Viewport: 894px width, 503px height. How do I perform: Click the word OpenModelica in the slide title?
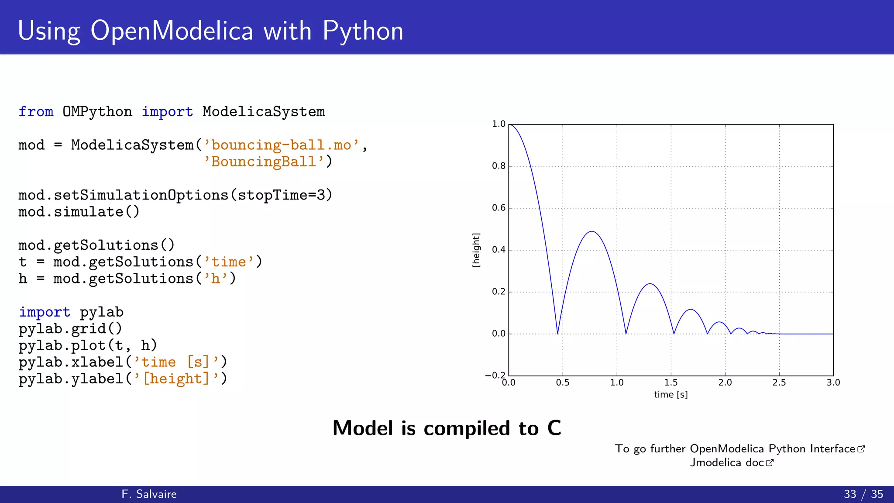pyautogui.click(x=172, y=31)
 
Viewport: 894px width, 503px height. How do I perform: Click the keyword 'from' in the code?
pyautogui.click(x=36, y=112)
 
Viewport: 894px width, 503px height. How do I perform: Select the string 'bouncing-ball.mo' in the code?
pyautogui.click(x=281, y=145)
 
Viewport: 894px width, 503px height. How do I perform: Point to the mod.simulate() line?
pyautogui.click(x=79, y=212)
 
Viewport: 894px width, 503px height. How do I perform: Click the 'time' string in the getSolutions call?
pyautogui.click(x=229, y=262)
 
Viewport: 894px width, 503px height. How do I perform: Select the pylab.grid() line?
pyautogui.click(x=70, y=329)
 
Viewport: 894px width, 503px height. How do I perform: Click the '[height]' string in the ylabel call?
pyautogui.click(x=176, y=379)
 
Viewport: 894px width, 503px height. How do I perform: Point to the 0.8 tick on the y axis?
pyautogui.click(x=499, y=166)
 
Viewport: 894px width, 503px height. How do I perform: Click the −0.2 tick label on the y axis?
pyautogui.click(x=495, y=376)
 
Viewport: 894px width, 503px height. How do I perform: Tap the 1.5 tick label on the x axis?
pyautogui.click(x=671, y=383)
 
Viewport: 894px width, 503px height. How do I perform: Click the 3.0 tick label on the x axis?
pyautogui.click(x=833, y=383)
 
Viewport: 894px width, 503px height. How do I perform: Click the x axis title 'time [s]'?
pyautogui.click(x=670, y=395)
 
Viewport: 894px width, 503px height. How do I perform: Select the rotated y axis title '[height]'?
pyautogui.click(x=476, y=250)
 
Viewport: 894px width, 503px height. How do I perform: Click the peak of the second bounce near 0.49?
pyautogui.click(x=591, y=231)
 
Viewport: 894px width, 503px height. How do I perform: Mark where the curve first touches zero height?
pyautogui.click(x=557, y=334)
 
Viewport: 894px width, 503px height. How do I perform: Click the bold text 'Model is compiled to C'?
pyautogui.click(x=447, y=428)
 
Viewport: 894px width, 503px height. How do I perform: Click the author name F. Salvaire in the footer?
pyautogui.click(x=149, y=494)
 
